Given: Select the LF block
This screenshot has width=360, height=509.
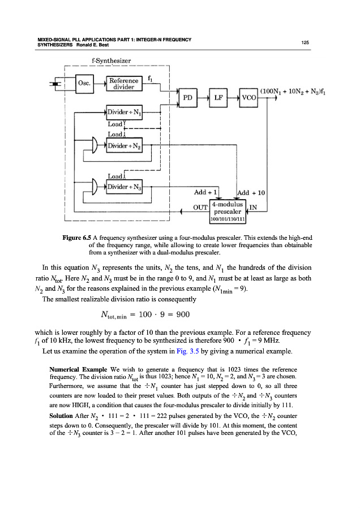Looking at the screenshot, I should (x=219, y=97).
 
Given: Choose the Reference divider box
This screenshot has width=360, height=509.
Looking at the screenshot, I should (x=125, y=83).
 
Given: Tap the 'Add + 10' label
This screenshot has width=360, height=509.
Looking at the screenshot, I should (x=250, y=193).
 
